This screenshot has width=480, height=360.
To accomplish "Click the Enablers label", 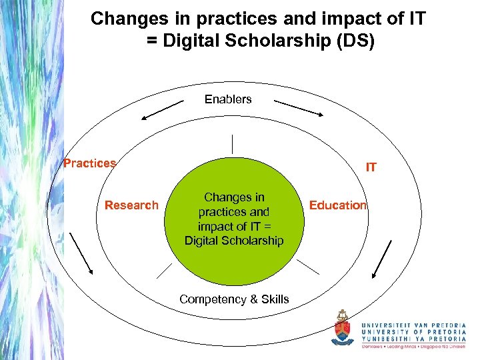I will [228, 99].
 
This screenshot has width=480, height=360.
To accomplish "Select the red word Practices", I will [89, 163].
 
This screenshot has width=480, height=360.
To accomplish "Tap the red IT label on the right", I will [371, 167].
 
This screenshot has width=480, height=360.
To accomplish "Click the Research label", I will [131, 205].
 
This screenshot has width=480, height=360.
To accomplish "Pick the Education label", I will [337, 205].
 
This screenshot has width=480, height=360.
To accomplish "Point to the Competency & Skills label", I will [234, 299].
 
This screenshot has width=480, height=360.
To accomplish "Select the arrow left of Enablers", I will [163, 109].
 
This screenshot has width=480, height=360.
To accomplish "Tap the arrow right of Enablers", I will [299, 109].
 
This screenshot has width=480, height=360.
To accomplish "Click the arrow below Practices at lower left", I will [81, 253].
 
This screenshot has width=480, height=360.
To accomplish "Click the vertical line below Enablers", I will [233, 144].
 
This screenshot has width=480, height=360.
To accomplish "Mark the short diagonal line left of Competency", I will [164, 270].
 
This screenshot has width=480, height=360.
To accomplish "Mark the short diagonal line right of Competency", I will [307, 267].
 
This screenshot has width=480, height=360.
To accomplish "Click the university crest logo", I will [343, 327].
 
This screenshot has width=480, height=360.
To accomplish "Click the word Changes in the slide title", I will [123, 19].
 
